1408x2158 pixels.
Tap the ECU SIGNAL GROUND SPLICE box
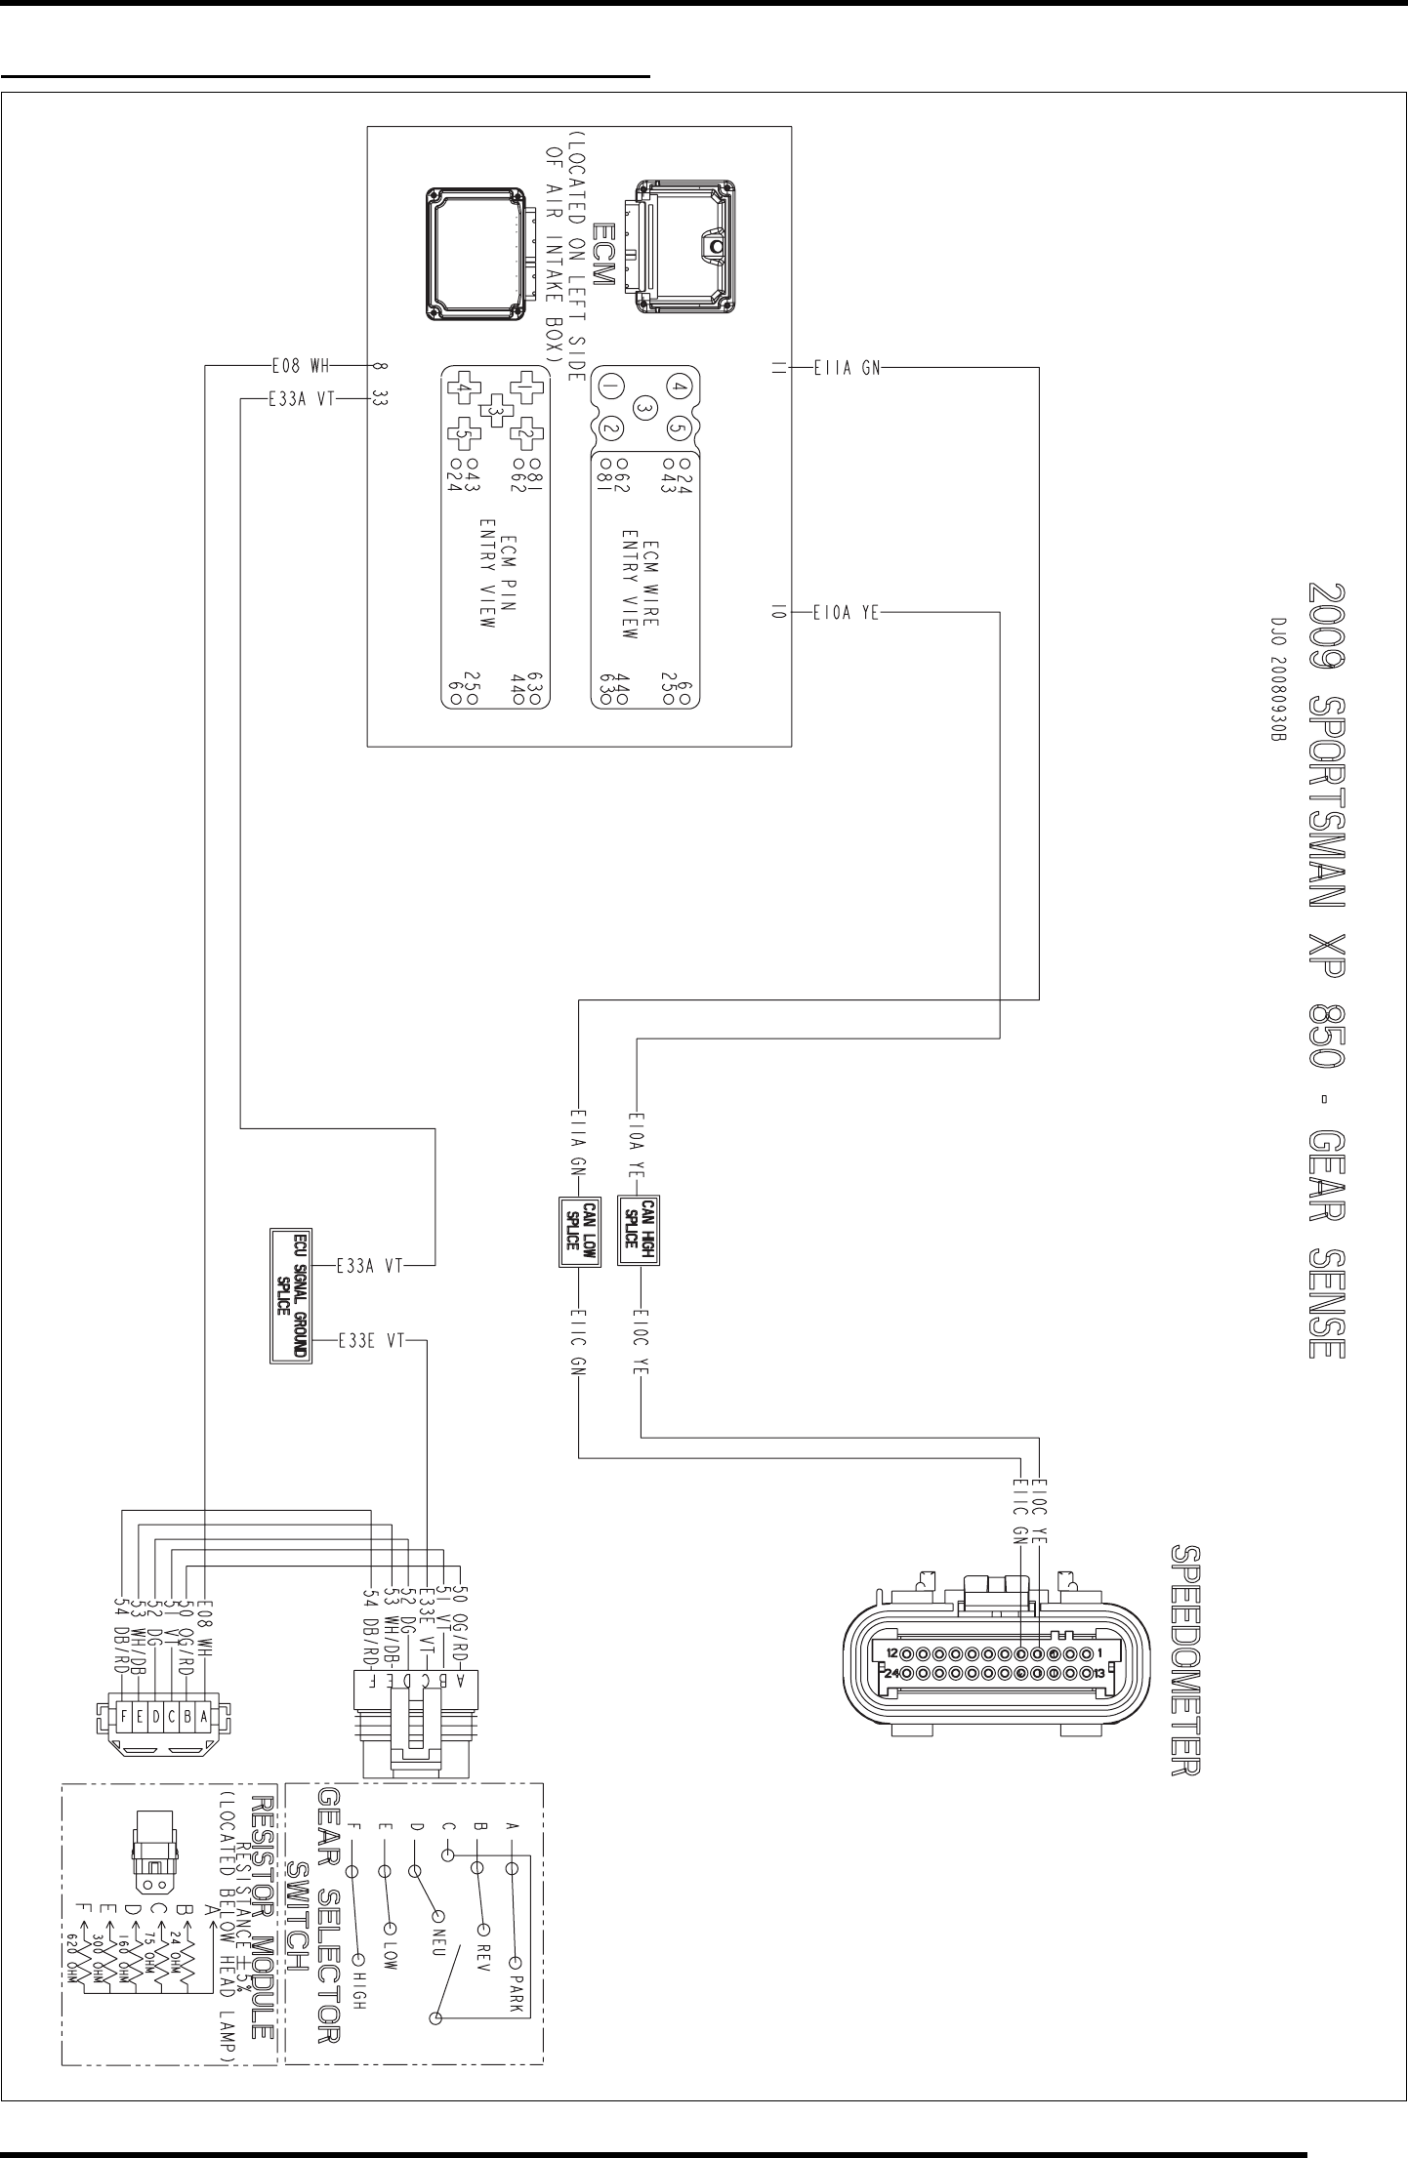(291, 1296)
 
